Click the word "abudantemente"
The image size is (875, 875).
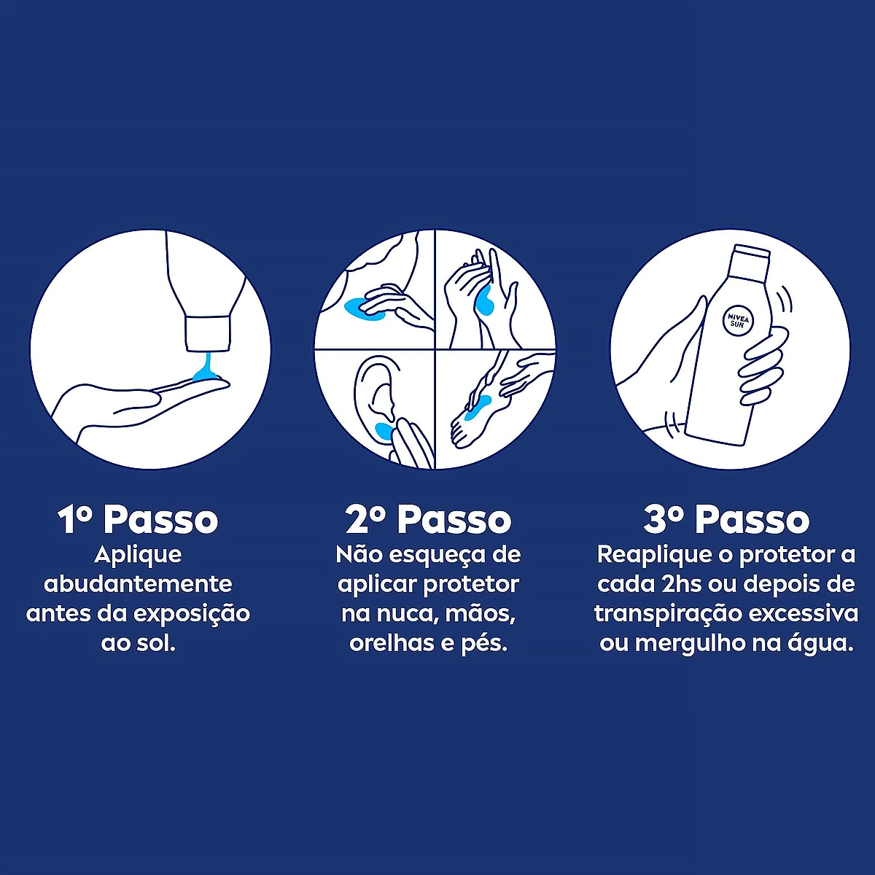138,584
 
